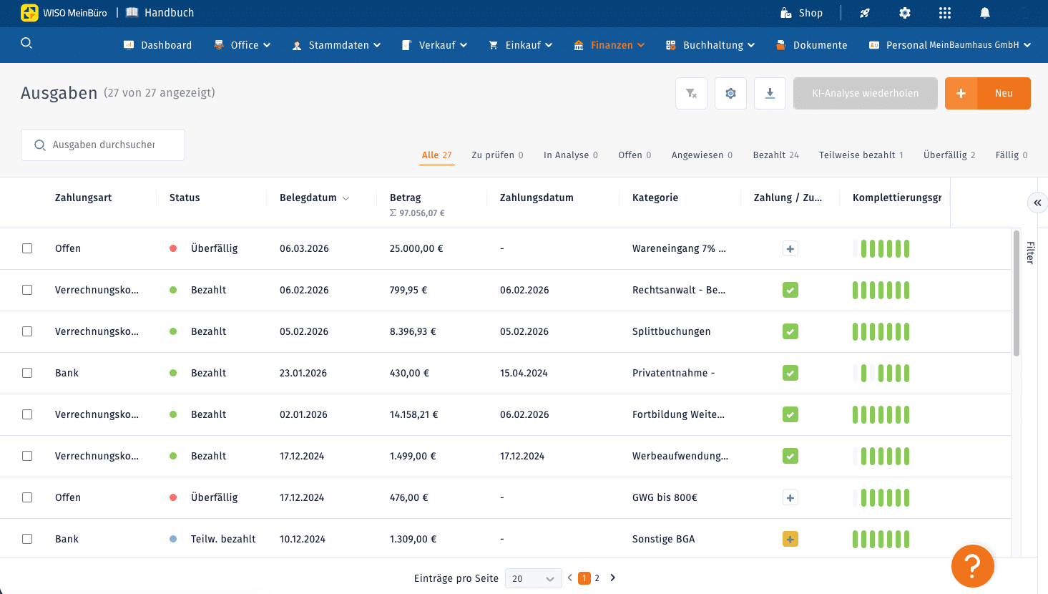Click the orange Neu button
987,93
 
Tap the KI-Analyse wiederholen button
865,93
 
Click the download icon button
770,93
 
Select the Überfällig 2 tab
949,155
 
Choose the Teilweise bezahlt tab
861,155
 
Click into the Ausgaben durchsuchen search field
103,145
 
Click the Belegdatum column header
308,198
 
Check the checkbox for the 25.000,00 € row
27,248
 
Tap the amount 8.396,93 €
413,331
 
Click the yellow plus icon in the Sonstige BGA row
790,539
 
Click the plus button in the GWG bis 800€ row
790,497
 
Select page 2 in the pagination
597,578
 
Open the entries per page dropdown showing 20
534,578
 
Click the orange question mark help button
973,566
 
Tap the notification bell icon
985,13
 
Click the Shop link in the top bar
801,13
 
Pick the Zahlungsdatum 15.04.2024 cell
524,373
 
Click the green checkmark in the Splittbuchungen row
790,331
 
